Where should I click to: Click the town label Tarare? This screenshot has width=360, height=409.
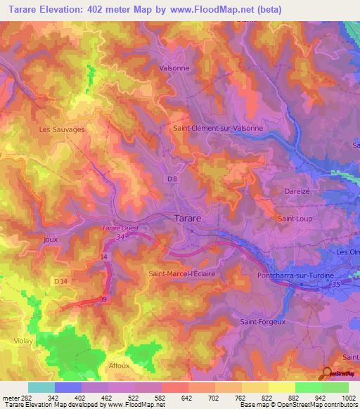187,219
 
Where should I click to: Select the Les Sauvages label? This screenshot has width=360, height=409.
62,129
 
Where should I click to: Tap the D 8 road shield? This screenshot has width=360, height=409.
172,179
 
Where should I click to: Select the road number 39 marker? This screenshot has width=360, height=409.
105,299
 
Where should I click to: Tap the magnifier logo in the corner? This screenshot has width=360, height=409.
326,374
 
